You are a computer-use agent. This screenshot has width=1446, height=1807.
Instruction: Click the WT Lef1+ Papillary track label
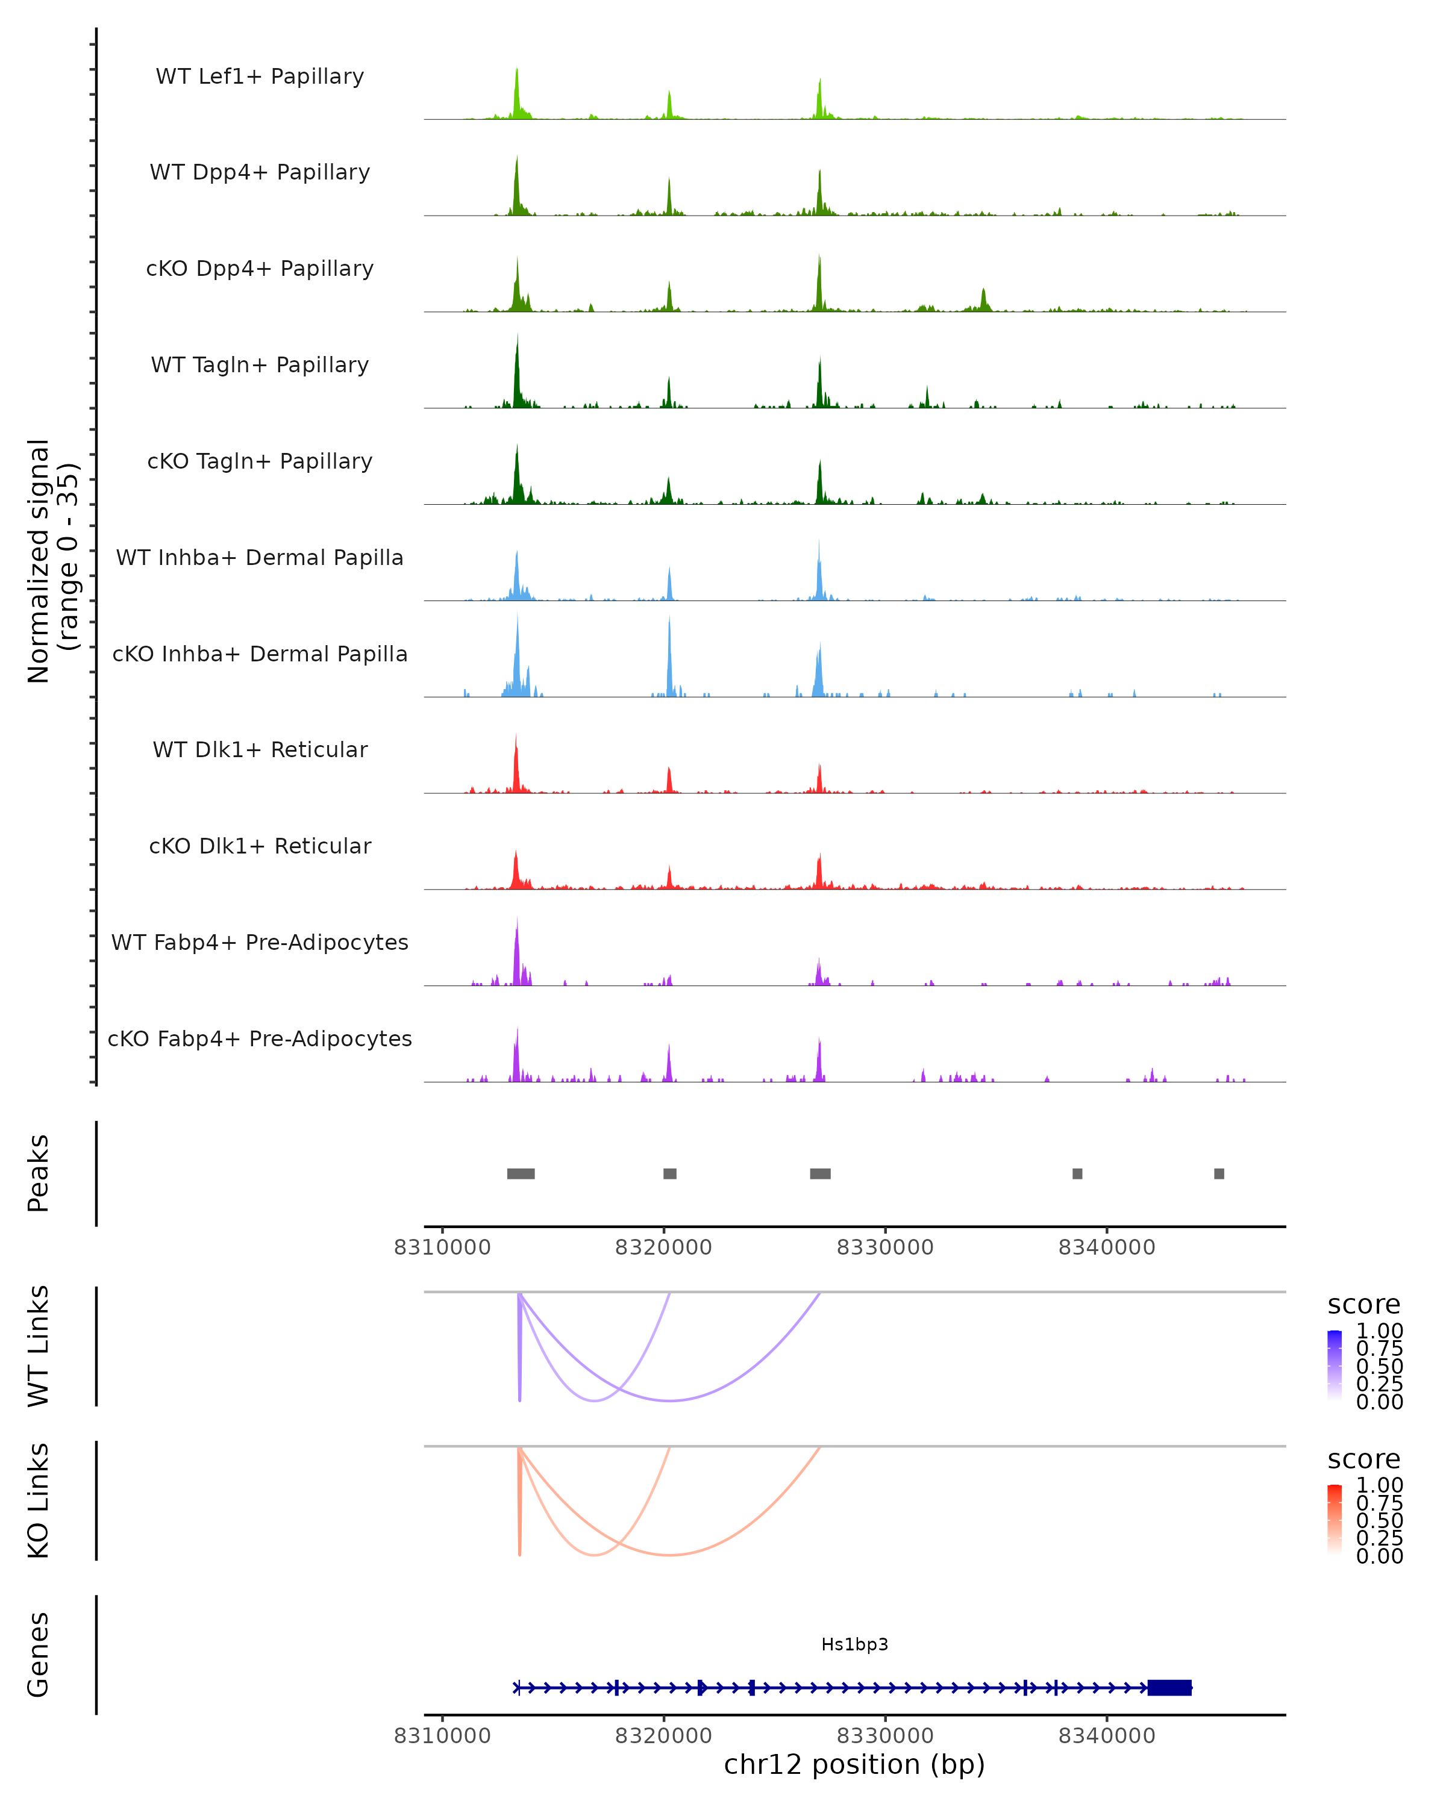click(x=260, y=76)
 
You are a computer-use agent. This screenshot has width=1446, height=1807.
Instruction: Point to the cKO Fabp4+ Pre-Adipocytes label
click(x=260, y=1038)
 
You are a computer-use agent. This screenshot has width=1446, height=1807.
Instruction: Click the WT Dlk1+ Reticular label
click(x=260, y=749)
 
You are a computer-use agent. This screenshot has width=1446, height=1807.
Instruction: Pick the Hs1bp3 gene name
click(x=854, y=1644)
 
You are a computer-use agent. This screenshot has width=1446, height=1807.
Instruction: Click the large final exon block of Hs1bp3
click(x=1169, y=1687)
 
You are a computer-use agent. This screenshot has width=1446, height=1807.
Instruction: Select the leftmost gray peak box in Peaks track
click(x=521, y=1173)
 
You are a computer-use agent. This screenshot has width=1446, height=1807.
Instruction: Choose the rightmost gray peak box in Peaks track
click(x=1219, y=1173)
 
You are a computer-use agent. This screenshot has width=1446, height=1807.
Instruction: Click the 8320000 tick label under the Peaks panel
click(x=663, y=1247)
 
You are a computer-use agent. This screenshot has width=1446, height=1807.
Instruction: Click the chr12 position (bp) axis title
click(x=854, y=1765)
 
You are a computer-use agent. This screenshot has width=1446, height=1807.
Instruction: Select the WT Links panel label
click(x=39, y=1347)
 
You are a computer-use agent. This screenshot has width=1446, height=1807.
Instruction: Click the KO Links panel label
click(x=39, y=1500)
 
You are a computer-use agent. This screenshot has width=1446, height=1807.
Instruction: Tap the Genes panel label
click(x=39, y=1655)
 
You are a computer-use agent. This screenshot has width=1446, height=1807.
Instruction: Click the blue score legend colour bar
click(x=1335, y=1365)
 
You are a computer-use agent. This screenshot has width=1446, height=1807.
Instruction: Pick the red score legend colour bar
click(x=1335, y=1520)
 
